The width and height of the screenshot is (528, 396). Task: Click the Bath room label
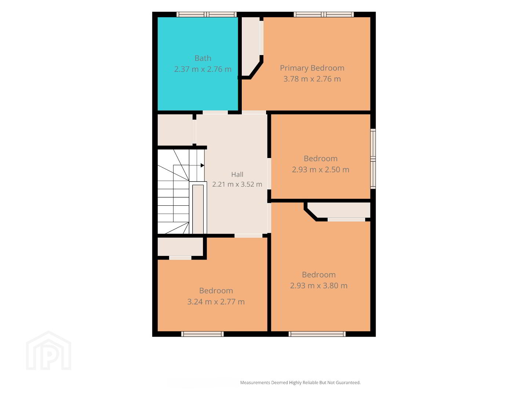pyautogui.click(x=203, y=58)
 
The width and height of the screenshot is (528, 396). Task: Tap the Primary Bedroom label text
pyautogui.click(x=312, y=68)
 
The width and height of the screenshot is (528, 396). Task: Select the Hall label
pyautogui.click(x=237, y=175)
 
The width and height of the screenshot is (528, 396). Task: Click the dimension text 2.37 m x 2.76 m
pyautogui.click(x=203, y=69)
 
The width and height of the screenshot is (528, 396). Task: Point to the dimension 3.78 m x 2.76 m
pyautogui.click(x=312, y=79)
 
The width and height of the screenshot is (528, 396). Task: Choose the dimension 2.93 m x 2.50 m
pyautogui.click(x=320, y=170)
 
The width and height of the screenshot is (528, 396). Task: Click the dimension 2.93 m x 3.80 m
pyautogui.click(x=319, y=286)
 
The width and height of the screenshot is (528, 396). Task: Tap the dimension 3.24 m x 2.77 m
pyautogui.click(x=216, y=302)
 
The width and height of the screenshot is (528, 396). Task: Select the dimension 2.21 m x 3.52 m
pyautogui.click(x=237, y=184)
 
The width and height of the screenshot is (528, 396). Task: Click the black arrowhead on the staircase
pyautogui.click(x=202, y=165)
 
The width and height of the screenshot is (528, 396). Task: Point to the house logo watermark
pyautogui.click(x=48, y=351)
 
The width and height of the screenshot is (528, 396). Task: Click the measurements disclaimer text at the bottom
pyautogui.click(x=300, y=382)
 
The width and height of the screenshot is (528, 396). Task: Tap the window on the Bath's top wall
pyautogui.click(x=206, y=14)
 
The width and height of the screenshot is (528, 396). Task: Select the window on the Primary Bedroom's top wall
pyautogui.click(x=324, y=14)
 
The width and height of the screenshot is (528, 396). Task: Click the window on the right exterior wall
pyautogui.click(x=373, y=159)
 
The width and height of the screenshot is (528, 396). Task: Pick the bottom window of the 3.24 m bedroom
pyautogui.click(x=202, y=334)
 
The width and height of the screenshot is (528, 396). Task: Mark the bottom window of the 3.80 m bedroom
pyautogui.click(x=317, y=334)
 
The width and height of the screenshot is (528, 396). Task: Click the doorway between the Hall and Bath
pyautogui.click(x=215, y=112)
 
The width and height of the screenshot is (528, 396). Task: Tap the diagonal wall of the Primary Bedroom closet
pyautogui.click(x=255, y=69)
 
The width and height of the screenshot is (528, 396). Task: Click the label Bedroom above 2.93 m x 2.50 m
pyautogui.click(x=320, y=159)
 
